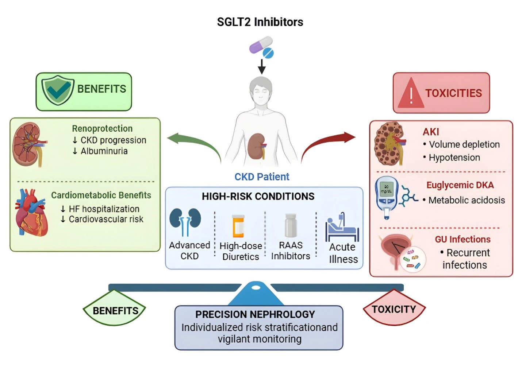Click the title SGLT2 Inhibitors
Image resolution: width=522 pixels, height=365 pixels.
[260, 22]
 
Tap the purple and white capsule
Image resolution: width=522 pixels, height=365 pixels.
[261, 44]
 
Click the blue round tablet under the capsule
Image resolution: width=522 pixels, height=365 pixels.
[268, 53]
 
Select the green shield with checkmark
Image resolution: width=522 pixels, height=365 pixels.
[58, 90]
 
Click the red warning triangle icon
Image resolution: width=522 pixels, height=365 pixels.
[411, 93]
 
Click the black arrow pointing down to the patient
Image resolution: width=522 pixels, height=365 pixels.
[262, 67]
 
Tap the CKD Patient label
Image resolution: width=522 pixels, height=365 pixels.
[262, 177]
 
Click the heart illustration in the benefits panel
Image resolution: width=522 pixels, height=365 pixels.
[32, 212]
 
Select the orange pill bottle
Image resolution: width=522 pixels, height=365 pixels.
[238, 226]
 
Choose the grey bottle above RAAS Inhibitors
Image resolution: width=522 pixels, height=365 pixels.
[291, 225]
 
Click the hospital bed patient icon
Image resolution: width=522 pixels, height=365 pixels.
[342, 227]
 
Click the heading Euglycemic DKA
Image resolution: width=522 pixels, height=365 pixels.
[460, 185]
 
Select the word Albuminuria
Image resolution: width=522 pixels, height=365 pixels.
[104, 151]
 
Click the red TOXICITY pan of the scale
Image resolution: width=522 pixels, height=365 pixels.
[394, 307]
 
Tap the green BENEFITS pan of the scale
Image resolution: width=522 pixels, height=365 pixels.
[114, 308]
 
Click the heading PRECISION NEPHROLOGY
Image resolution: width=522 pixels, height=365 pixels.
[255, 314]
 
